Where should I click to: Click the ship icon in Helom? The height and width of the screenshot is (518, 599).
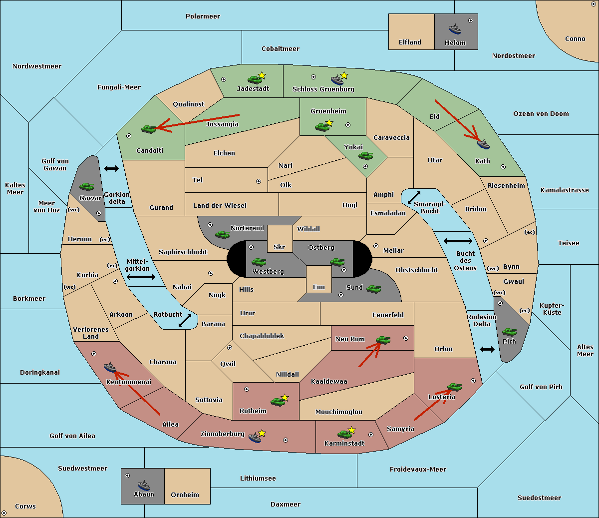pyautogui.click(x=455, y=29)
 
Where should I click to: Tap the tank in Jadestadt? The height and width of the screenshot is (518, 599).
pyautogui.click(x=255, y=79)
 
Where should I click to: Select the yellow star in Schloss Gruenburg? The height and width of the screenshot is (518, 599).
pyautogui.click(x=344, y=76)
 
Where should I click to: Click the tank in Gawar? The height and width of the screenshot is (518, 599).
pyautogui.click(x=87, y=186)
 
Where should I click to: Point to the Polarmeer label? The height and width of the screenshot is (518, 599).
pyautogui.click(x=203, y=16)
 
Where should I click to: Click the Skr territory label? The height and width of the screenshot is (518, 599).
pyautogui.click(x=280, y=247)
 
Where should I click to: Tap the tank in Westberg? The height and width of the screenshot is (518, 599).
pyautogui.click(x=259, y=262)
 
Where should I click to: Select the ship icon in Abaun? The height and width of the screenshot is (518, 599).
pyautogui.click(x=144, y=485)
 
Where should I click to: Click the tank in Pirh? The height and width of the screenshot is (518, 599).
pyautogui.click(x=509, y=332)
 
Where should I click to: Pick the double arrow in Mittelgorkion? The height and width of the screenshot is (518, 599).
pyautogui.click(x=141, y=277)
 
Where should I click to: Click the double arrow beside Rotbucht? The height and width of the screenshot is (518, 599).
pyautogui.click(x=185, y=320)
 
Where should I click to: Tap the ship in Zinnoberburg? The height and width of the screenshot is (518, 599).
pyautogui.click(x=255, y=438)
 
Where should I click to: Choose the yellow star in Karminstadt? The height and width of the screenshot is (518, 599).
pyautogui.click(x=351, y=430)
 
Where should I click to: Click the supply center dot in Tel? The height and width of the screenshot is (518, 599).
pyautogui.click(x=259, y=181)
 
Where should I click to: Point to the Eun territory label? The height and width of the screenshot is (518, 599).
pyautogui.click(x=319, y=287)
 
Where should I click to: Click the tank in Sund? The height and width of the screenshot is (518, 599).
pyautogui.click(x=373, y=289)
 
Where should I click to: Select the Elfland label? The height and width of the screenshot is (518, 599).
pyautogui.click(x=410, y=42)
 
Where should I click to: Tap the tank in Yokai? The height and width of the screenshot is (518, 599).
pyautogui.click(x=365, y=156)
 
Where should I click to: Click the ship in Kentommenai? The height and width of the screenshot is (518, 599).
pyautogui.click(x=110, y=368)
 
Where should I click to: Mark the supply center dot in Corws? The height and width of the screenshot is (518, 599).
pyautogui.click(x=4, y=513)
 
